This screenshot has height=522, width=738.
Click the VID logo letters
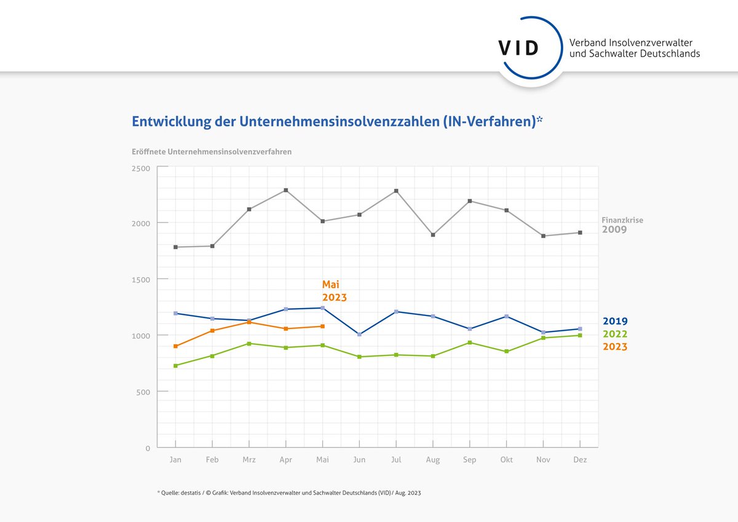pos(518,49)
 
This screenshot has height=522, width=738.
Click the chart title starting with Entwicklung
pos(337,122)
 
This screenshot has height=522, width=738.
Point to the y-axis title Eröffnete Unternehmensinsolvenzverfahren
pos(212,151)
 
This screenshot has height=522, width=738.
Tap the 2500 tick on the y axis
pos(141,168)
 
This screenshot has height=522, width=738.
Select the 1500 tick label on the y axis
pos(141,279)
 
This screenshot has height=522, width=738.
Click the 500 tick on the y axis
pos(143,392)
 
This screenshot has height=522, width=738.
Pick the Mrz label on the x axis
pos(248,460)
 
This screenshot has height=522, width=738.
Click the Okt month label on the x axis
pos(507,460)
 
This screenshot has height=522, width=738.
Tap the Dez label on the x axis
pos(580,460)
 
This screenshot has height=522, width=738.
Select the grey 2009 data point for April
pos(286,190)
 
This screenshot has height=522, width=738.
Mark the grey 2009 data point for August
pos(433,235)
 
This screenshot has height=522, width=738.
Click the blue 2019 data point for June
pos(360,334)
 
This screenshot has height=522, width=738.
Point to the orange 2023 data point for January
pos(176,346)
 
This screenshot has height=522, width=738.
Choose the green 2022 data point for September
pos(470,342)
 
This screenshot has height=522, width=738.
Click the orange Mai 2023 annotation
pos(334,291)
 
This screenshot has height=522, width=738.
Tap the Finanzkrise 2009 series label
pos(622,225)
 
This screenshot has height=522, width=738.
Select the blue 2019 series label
pos(615,321)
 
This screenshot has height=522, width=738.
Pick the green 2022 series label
pos(615,334)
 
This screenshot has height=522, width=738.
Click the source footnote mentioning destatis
pos(289,493)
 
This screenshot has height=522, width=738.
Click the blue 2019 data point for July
pos(396,312)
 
